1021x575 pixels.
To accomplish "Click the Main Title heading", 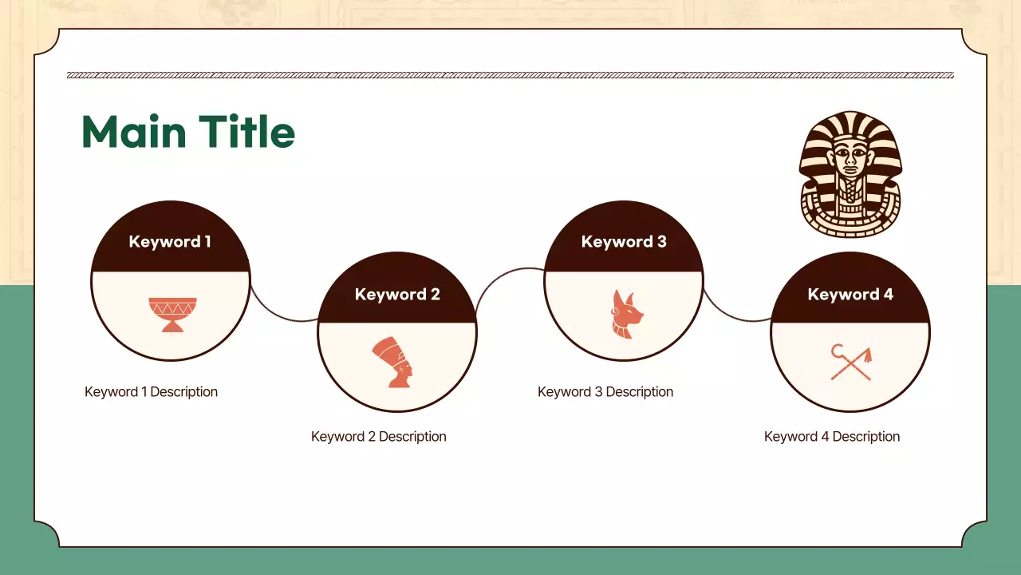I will tap(188, 132).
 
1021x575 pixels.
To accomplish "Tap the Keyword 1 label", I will tap(170, 241).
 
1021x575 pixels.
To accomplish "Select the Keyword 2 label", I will tap(397, 294).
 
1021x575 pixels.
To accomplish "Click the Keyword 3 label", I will tap(624, 241).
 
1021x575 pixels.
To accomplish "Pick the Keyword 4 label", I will tap(850, 294).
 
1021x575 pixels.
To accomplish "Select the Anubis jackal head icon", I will tap(626, 314).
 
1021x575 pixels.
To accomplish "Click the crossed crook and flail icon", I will tap(851, 362).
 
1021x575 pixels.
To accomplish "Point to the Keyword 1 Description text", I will tap(151, 392).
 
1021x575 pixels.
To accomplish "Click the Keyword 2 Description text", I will tap(379, 437).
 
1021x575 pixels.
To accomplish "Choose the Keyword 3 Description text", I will tap(605, 392).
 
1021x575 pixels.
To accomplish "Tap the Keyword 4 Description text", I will tap(832, 437).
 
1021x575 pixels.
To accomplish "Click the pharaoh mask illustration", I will tap(850, 174).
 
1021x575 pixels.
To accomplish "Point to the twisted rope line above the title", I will tap(510, 75).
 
